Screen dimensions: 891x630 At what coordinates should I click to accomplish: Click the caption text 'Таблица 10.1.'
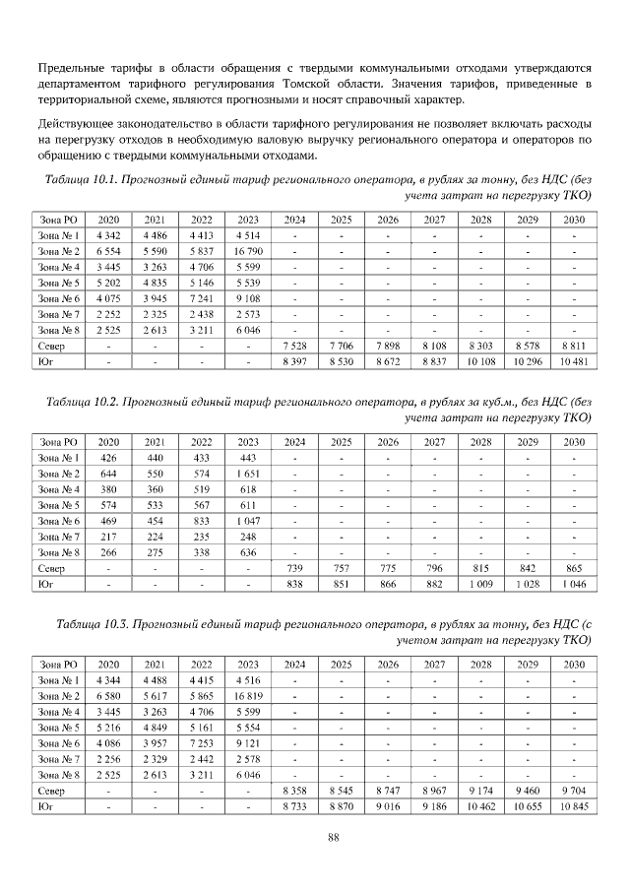pyautogui.click(x=83, y=180)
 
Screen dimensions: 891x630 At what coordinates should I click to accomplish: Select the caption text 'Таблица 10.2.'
pyautogui.click(x=85, y=403)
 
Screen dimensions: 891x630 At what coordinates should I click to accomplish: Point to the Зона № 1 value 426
pyautogui.click(x=109, y=458)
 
